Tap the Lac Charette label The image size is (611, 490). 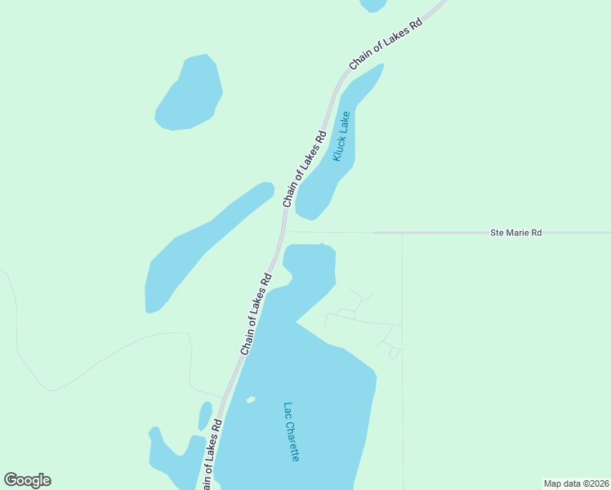pyautogui.click(x=292, y=432)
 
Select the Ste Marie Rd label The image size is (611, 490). pyautogui.click(x=515, y=233)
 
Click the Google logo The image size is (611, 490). pyautogui.click(x=27, y=480)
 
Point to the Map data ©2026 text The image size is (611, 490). pyautogui.click(x=576, y=483)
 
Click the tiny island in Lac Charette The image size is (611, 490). pyautogui.click(x=251, y=399)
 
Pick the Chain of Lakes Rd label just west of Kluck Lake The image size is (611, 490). pyautogui.click(x=305, y=168)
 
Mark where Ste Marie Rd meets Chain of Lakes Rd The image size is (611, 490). pyautogui.click(x=285, y=232)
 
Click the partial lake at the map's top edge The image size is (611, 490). pyautogui.click(x=373, y=5)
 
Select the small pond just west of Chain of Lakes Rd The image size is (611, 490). pyautogui.click(x=205, y=415)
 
